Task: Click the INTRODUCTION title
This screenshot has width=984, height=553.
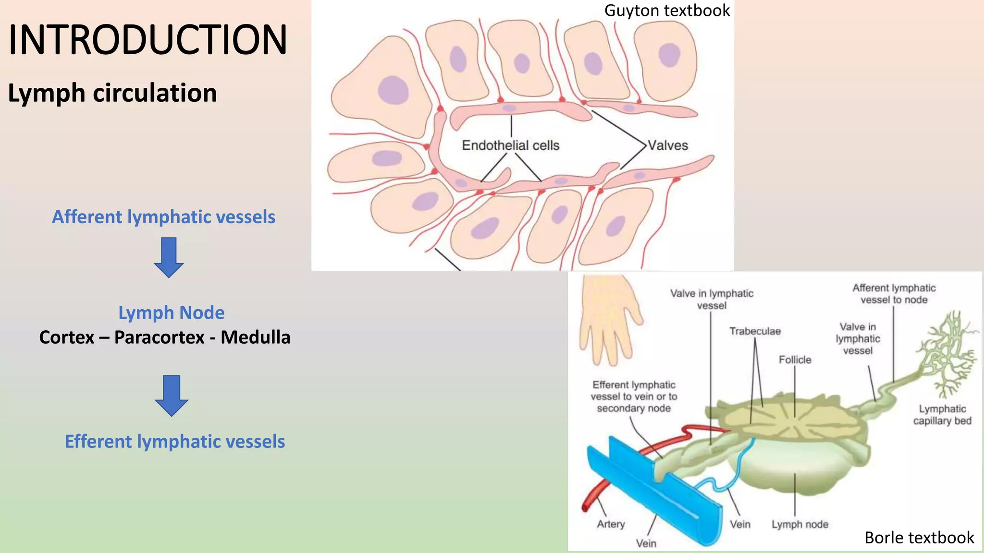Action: [148, 40]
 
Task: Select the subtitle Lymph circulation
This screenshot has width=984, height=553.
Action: [112, 93]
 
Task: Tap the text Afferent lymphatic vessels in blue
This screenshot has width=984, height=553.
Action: [163, 217]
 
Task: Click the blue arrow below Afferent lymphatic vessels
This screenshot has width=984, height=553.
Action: [169, 257]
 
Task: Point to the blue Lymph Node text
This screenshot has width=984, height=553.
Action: [171, 313]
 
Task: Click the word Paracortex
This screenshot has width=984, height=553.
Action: [160, 337]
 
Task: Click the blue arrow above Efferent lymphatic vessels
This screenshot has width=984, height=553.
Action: [172, 395]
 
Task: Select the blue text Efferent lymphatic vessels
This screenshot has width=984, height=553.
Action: [175, 442]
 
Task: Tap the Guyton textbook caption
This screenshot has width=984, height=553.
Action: [667, 11]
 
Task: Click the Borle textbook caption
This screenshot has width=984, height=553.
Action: [919, 538]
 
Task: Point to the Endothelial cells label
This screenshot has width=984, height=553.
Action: [511, 145]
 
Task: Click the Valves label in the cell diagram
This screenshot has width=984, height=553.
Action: [668, 145]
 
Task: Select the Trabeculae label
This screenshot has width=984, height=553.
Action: [755, 331]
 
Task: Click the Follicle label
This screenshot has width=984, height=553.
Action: [795, 360]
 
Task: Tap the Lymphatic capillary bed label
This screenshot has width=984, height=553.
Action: [942, 415]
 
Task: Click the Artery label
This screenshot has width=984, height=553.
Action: [611, 524]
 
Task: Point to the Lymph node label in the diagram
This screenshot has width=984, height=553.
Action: [800, 525]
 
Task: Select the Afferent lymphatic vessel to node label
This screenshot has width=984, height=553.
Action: [894, 294]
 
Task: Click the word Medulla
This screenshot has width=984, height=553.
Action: [255, 337]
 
